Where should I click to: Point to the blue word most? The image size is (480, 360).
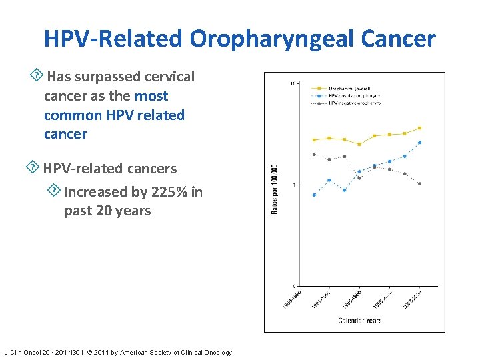pos(151,96)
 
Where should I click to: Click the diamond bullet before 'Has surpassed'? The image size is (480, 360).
pos(38,74)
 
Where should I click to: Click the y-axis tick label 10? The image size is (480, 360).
pos(293,83)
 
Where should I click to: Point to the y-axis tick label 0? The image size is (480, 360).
pos(295,286)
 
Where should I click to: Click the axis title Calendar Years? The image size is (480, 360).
pos(360,321)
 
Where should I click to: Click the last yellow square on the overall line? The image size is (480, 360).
pos(419,128)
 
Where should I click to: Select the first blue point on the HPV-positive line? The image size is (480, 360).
pos(314,195)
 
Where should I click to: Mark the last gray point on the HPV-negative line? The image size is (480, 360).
pos(419,183)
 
